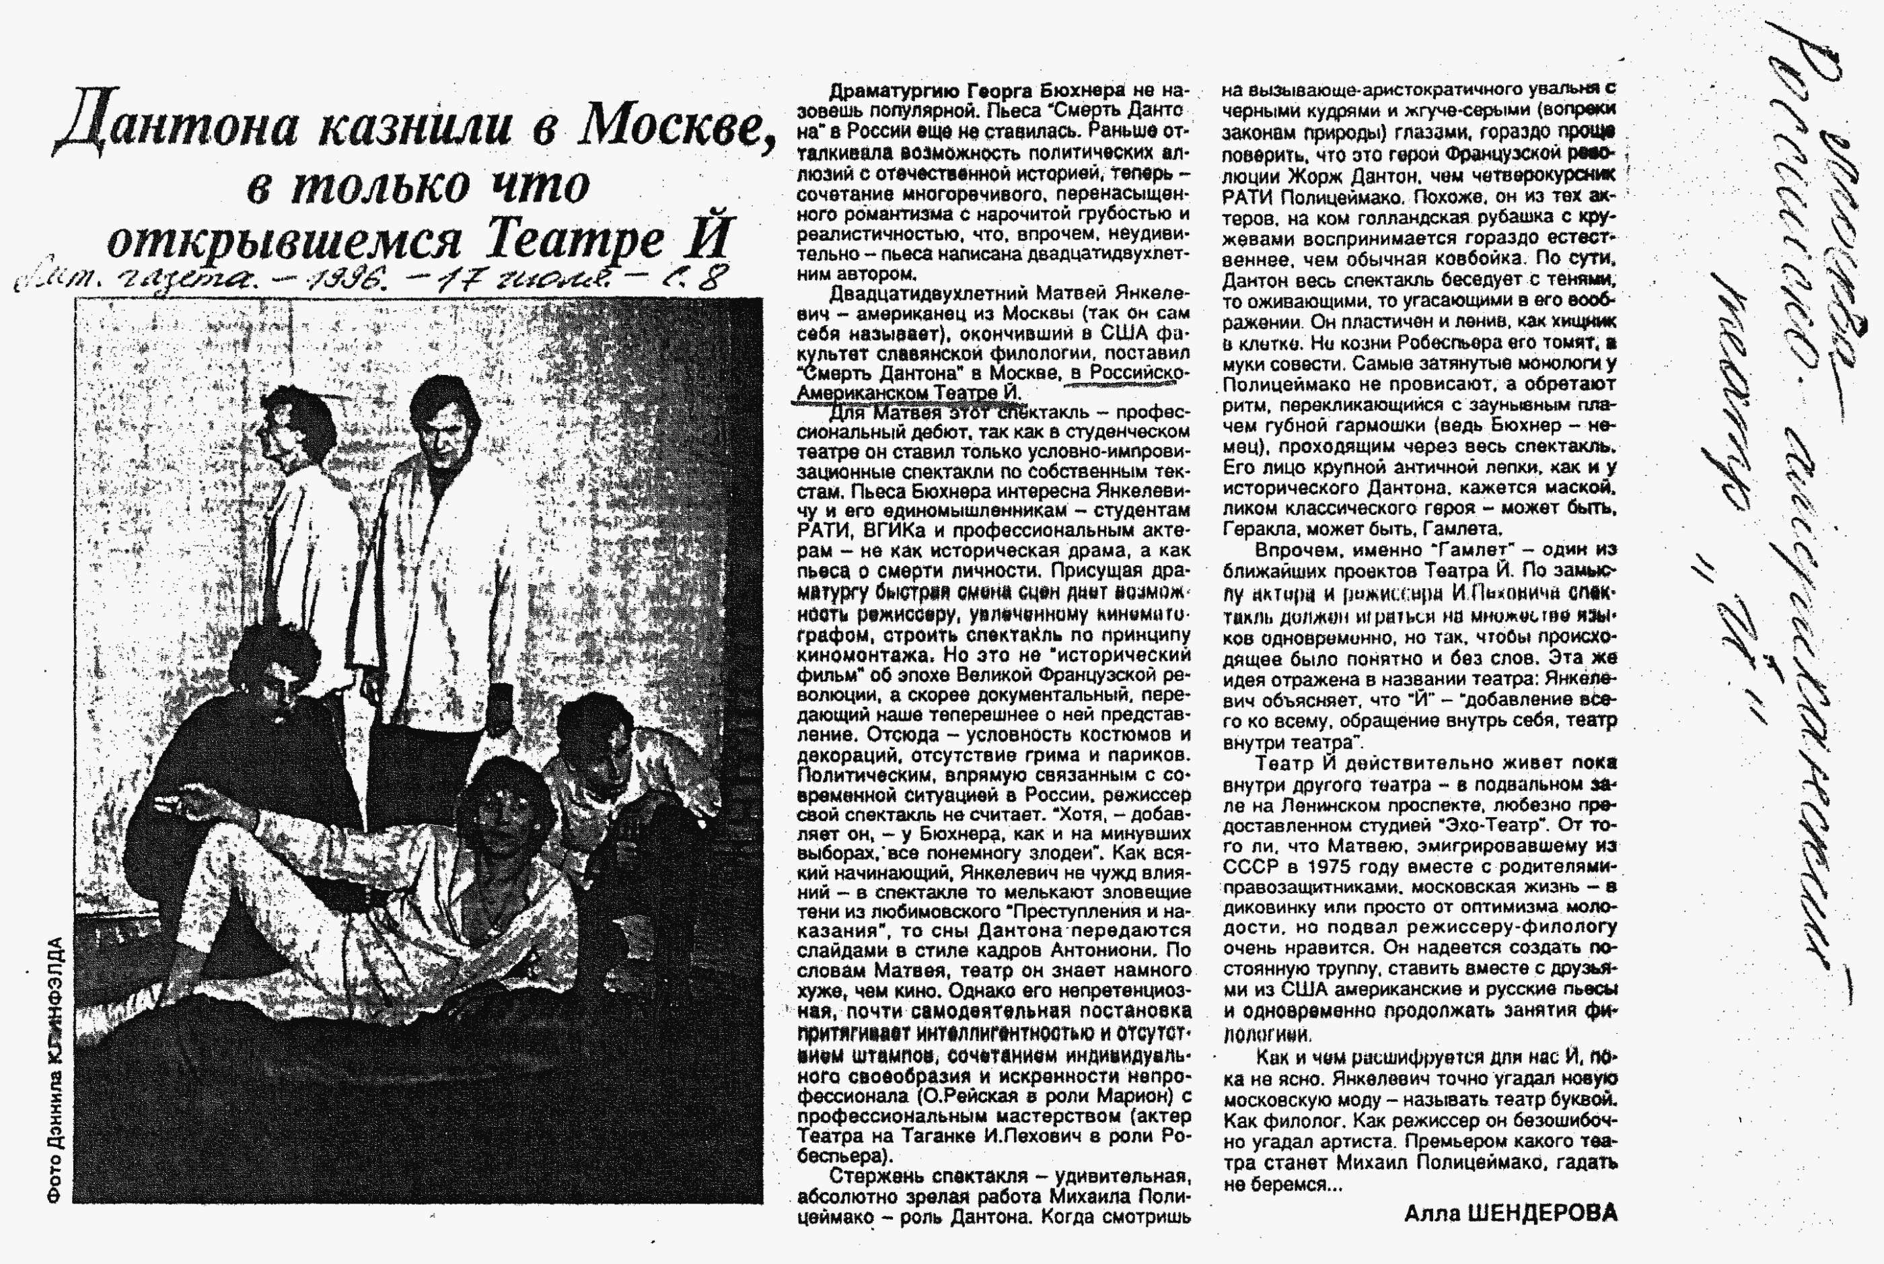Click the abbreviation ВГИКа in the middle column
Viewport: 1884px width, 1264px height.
coord(894,531)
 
